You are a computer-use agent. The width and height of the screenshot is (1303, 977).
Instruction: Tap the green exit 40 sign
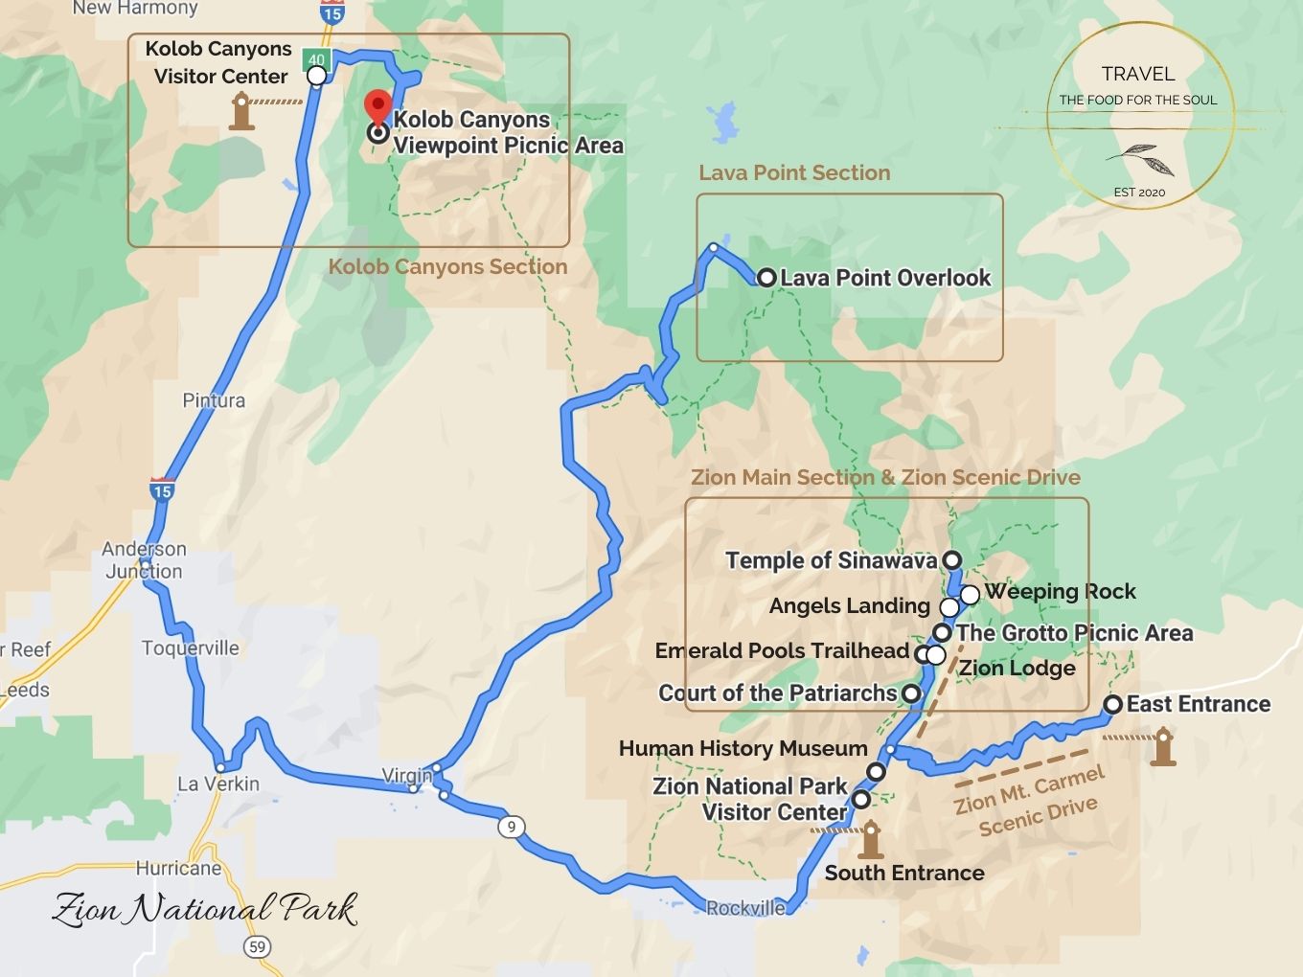[x=316, y=59]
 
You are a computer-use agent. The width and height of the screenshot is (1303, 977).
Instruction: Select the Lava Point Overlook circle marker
[x=766, y=278]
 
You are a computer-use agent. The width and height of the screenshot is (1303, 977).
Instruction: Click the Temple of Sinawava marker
[x=951, y=559]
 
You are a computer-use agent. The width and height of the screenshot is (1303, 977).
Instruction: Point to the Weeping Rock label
[x=1061, y=592]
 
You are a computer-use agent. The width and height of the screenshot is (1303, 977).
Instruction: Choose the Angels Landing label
[x=849, y=606]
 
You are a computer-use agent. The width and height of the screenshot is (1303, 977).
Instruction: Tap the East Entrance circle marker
[x=1112, y=705]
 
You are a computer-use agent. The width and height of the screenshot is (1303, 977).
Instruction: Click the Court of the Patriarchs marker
[x=911, y=693]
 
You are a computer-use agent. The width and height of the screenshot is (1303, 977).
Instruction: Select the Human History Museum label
[x=743, y=748]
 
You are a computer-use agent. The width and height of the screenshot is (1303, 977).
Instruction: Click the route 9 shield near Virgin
[x=513, y=827]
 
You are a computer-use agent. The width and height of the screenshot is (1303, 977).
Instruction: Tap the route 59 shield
[x=256, y=947]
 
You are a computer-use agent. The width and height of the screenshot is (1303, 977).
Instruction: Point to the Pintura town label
[x=214, y=400]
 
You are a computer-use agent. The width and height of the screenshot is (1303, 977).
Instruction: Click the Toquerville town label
[x=191, y=648]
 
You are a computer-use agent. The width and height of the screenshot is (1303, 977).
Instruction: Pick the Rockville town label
[x=745, y=908]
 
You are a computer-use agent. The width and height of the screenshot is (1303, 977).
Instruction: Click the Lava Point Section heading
[x=794, y=173]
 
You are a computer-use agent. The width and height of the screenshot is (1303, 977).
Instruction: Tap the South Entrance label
[x=904, y=874]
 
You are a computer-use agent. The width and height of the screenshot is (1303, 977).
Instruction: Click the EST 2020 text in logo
[x=1139, y=193]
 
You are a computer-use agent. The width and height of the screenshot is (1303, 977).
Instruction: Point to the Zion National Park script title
[x=205, y=909]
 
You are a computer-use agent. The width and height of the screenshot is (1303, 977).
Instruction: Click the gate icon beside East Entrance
[x=1163, y=746]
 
